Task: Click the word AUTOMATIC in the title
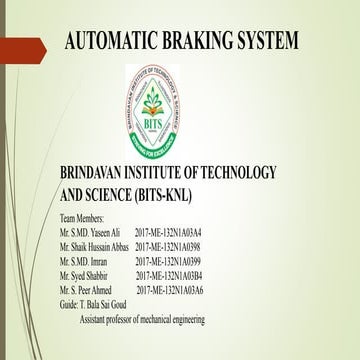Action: click(x=109, y=43)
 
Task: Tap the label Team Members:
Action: click(x=89, y=218)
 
